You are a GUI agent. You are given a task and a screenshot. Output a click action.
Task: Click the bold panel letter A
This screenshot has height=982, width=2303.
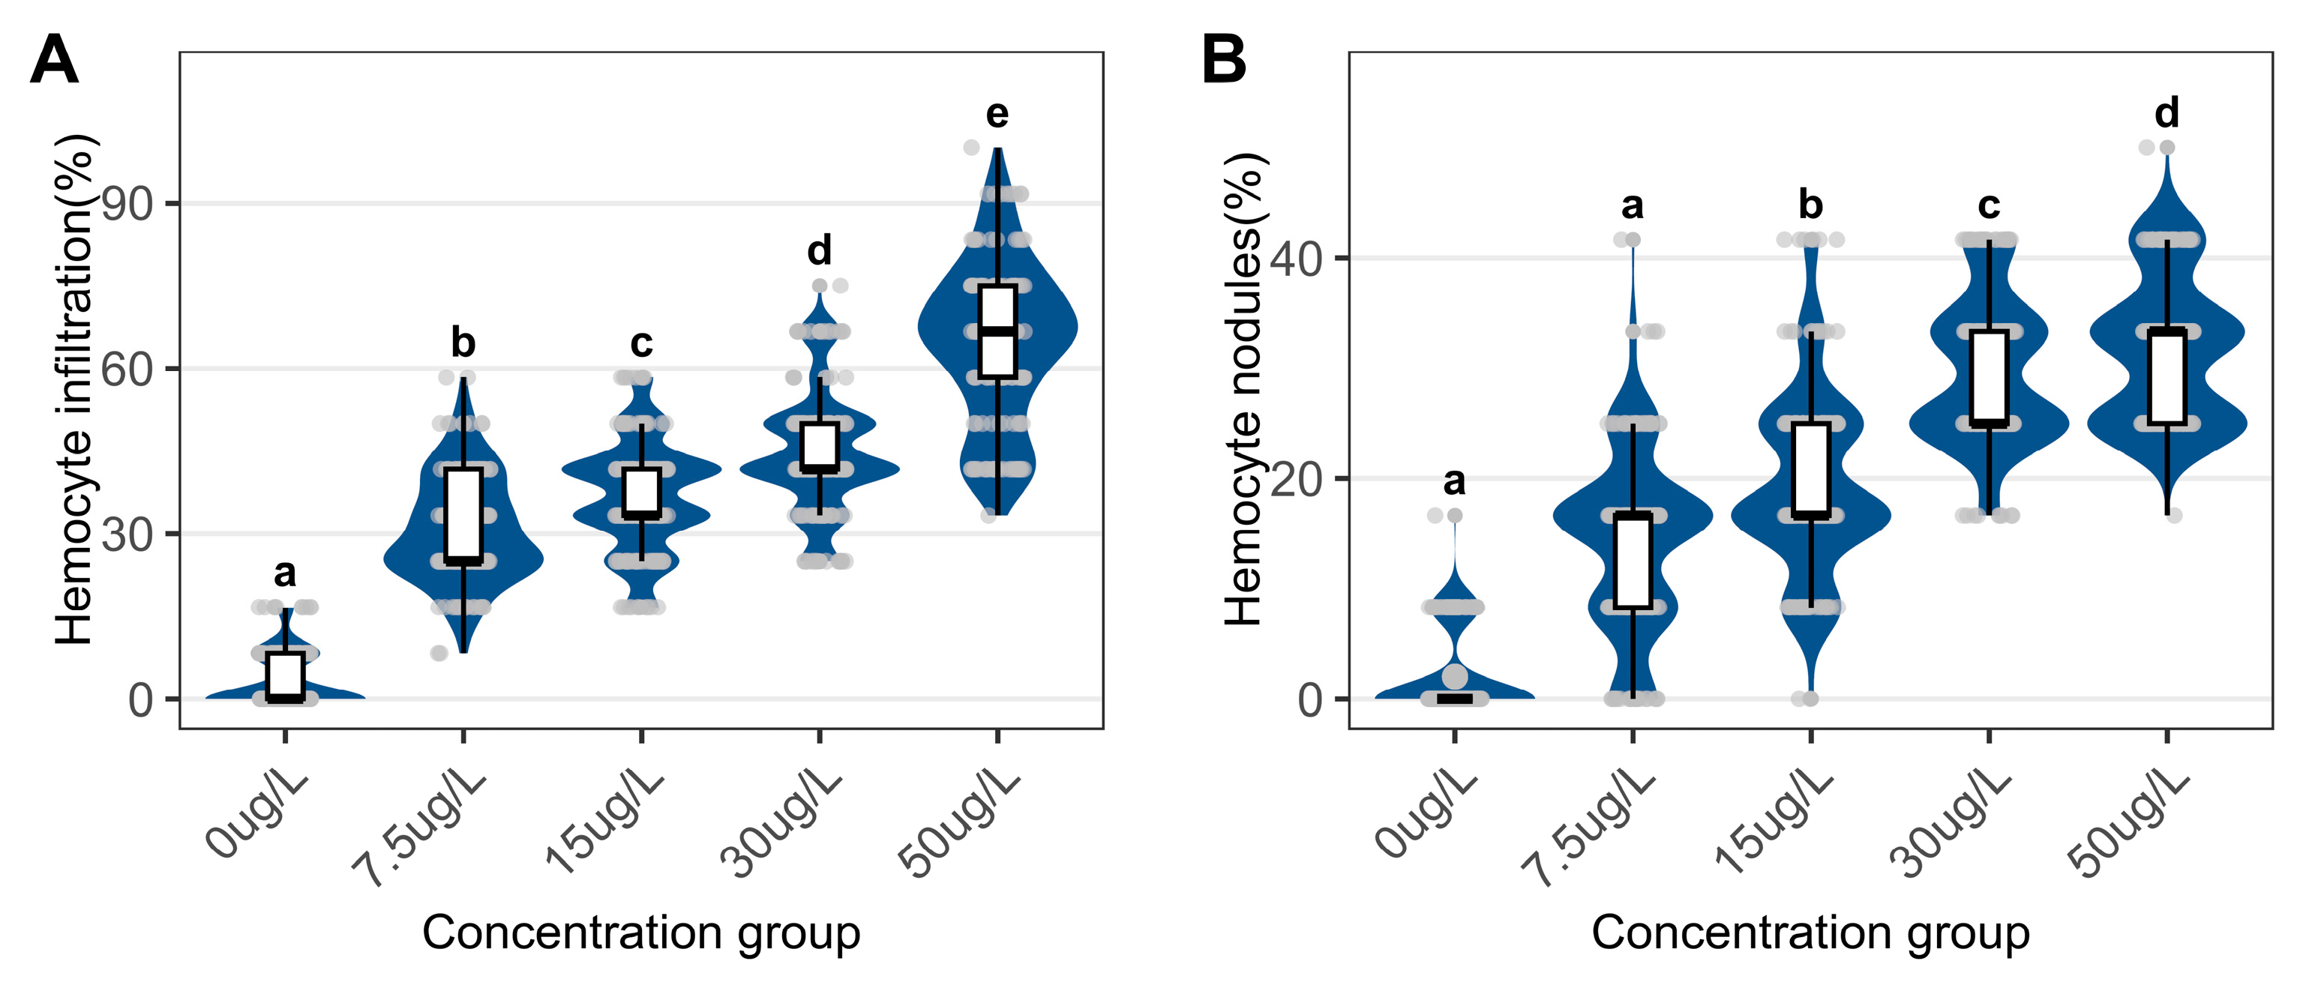click(x=54, y=60)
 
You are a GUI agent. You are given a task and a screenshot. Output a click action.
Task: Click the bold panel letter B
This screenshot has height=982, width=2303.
click(x=1224, y=60)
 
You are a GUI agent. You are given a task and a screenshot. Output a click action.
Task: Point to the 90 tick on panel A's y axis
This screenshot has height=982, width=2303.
click(x=127, y=205)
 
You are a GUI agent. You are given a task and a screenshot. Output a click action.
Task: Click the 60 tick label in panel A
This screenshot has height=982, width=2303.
click(x=127, y=369)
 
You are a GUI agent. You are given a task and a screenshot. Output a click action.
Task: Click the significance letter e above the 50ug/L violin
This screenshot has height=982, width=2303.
click(x=997, y=115)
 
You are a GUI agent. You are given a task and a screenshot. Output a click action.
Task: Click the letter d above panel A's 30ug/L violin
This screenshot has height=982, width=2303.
click(x=819, y=250)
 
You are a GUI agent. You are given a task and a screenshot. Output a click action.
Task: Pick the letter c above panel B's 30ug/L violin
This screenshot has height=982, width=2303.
click(x=1988, y=205)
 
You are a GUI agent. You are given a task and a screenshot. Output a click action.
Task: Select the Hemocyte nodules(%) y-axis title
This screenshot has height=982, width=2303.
click(x=1243, y=390)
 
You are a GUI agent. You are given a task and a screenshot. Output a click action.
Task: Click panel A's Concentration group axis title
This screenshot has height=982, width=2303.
click(x=641, y=933)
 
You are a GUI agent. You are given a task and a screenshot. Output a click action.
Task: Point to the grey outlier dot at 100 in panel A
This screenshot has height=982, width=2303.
click(x=971, y=148)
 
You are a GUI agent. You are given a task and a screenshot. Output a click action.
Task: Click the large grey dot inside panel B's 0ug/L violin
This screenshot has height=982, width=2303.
click(x=1455, y=675)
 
